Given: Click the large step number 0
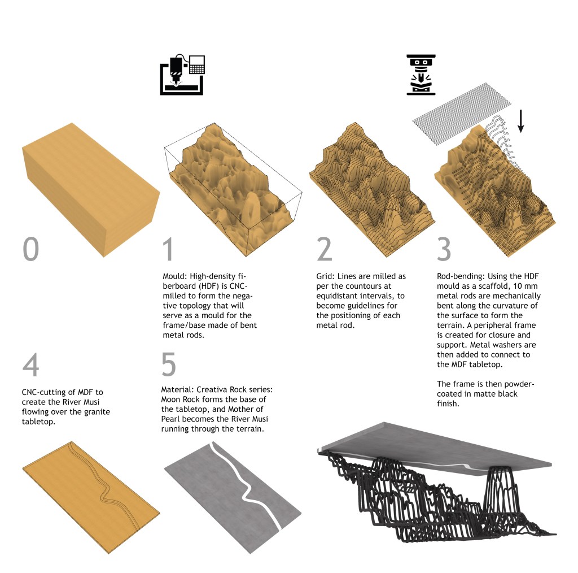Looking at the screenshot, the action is click(x=30, y=249).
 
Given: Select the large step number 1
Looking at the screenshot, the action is click(x=168, y=249).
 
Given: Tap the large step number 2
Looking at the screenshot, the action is click(x=325, y=249).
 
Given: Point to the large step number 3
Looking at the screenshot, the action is click(x=444, y=249).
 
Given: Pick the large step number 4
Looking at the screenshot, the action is click(x=30, y=364).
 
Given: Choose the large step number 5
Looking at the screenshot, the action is click(x=168, y=364).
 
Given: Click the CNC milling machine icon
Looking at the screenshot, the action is click(x=182, y=75).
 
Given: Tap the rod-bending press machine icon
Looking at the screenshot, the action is click(x=421, y=75).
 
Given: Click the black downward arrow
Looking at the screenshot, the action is click(x=520, y=121).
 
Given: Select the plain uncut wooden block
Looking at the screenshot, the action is click(x=91, y=189).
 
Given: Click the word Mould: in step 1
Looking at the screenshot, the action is click(x=175, y=276).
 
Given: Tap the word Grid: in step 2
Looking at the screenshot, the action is click(x=326, y=276).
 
